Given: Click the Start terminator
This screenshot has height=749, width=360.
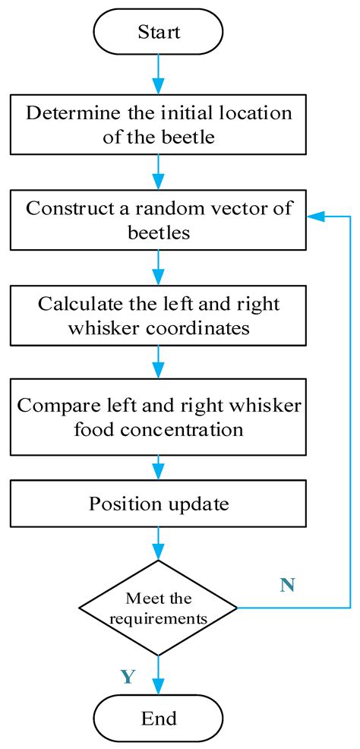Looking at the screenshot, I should pos(159,32).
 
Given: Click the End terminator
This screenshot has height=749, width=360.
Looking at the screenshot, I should pos(159,718).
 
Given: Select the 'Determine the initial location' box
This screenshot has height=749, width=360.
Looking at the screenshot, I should pos(159,125).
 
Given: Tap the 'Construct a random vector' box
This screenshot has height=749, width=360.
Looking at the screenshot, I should pos(159,220).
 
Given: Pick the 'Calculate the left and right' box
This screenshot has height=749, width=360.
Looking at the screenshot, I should pos(159,314).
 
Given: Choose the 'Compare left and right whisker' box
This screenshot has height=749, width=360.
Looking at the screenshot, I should pos(159,416).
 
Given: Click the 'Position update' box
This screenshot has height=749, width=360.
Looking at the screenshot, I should pos(159,504).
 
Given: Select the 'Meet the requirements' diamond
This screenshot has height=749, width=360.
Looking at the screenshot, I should pos(159,608).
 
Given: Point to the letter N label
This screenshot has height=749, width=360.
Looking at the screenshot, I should pos(286,585).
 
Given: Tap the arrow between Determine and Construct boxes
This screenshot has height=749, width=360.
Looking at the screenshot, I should pos(159,172).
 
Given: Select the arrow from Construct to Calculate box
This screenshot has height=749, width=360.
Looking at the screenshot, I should pos(159,267).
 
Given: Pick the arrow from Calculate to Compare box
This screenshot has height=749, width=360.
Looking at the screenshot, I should pos(159,362).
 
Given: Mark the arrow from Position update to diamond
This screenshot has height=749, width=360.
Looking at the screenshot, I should pos(159,542).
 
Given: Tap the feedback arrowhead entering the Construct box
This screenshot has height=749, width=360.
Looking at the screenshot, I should pos(313,217).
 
